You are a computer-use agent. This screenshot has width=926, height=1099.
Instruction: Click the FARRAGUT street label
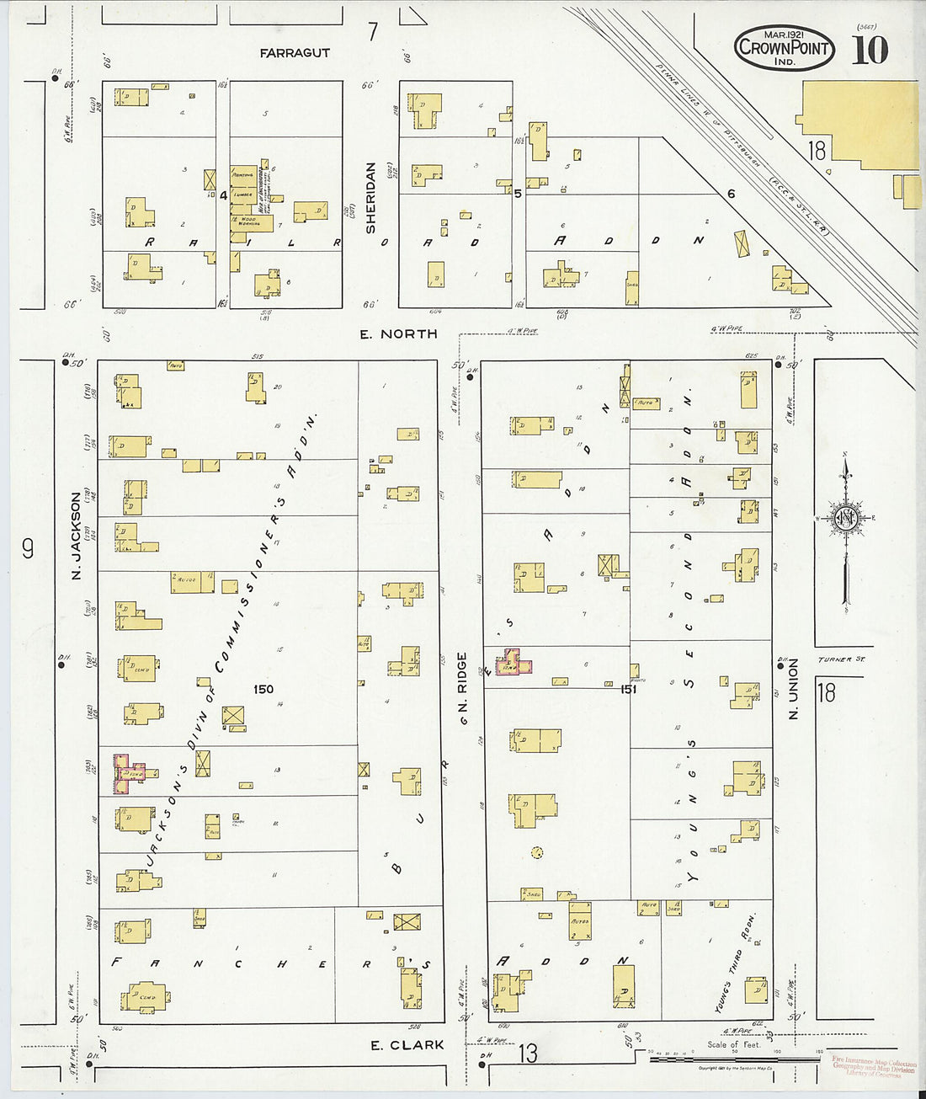point(295,53)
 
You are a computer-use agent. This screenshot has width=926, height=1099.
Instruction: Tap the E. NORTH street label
point(398,334)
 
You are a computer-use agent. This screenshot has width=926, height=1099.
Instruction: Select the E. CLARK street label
point(407,1045)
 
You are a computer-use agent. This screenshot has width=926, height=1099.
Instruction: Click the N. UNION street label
point(792,690)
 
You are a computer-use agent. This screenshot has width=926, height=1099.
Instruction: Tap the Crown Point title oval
point(784,47)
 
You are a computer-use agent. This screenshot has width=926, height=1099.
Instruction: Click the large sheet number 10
point(869,51)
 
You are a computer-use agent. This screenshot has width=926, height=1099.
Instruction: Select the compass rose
point(845,518)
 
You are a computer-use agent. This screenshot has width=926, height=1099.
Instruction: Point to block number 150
point(263,689)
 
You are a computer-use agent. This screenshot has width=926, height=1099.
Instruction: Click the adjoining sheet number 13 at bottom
point(528,1054)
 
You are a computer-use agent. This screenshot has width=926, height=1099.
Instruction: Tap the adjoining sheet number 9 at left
point(29,549)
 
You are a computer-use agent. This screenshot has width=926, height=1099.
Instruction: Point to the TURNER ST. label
point(834,659)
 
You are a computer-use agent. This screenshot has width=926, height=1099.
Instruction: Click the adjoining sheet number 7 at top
point(373,32)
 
